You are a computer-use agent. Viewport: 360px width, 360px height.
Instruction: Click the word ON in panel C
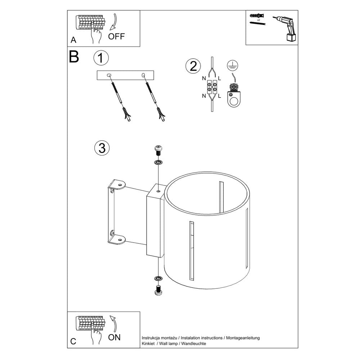pyautogui.click(x=115, y=337)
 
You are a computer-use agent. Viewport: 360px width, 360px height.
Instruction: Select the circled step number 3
pyautogui.click(x=102, y=148)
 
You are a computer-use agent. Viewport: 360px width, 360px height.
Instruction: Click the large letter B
pyautogui.click(x=74, y=57)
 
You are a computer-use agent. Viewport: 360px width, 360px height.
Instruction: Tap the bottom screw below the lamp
pyautogui.click(x=157, y=290)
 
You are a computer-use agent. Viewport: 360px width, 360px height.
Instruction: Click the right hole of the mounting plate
pyautogui.click(x=144, y=75)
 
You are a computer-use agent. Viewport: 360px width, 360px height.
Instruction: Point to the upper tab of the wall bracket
pyautogui.click(x=117, y=185)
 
